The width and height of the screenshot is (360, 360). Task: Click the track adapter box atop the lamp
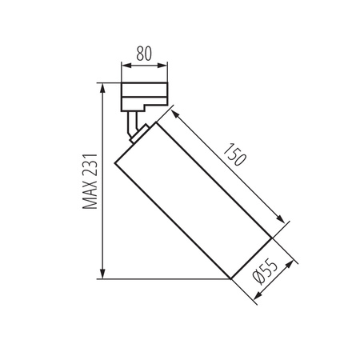click(144, 96)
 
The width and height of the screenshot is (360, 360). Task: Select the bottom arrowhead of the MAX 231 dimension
click(102, 274)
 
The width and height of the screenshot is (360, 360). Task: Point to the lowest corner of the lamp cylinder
click(230, 279)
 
